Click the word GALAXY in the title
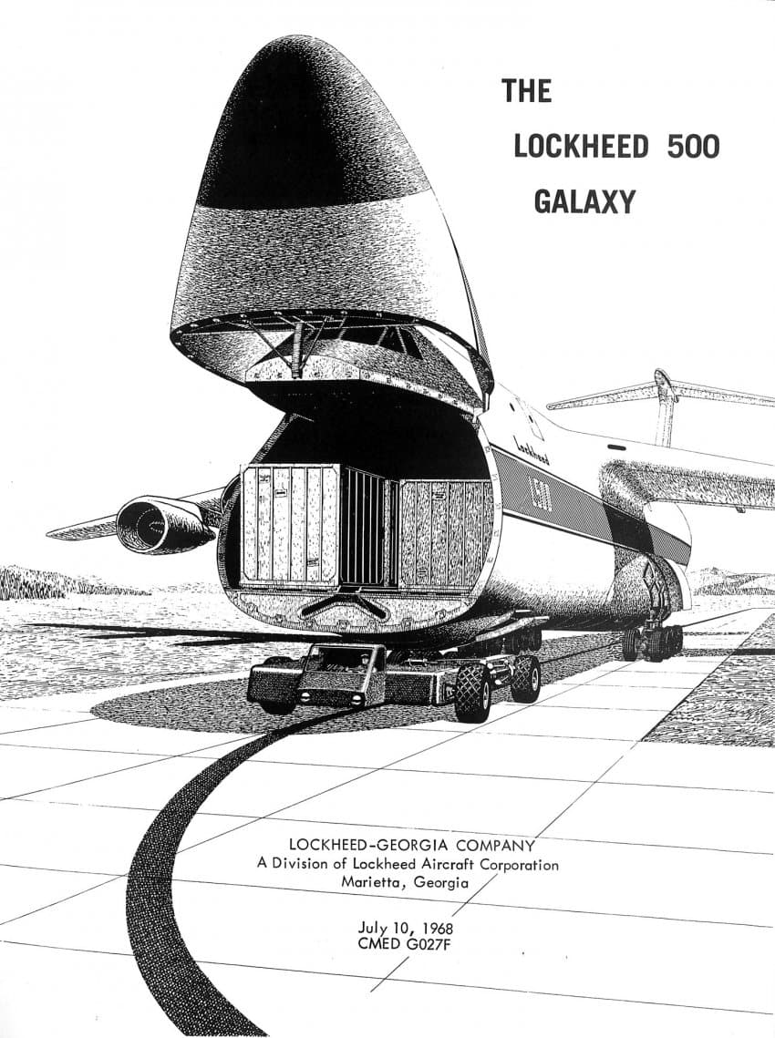pyautogui.click(x=584, y=201)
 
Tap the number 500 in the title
pyautogui.click(x=693, y=147)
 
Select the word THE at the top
pyautogui.click(x=527, y=91)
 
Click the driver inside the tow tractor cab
pyautogui.click(x=364, y=661)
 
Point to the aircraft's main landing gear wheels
pyautogui.click(x=653, y=641)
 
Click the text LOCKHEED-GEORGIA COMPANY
pyautogui.click(x=411, y=845)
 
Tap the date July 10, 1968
pyautogui.click(x=406, y=927)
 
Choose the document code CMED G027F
pyautogui.click(x=405, y=944)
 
